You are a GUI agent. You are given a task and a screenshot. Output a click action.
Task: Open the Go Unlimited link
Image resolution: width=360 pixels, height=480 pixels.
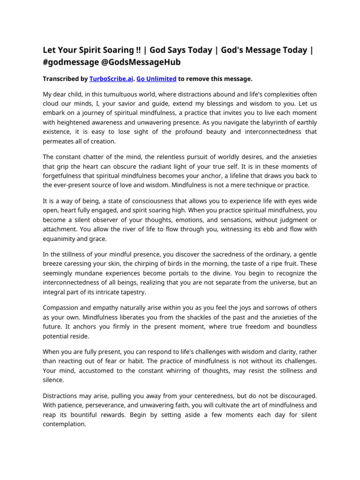pos(156,79)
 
